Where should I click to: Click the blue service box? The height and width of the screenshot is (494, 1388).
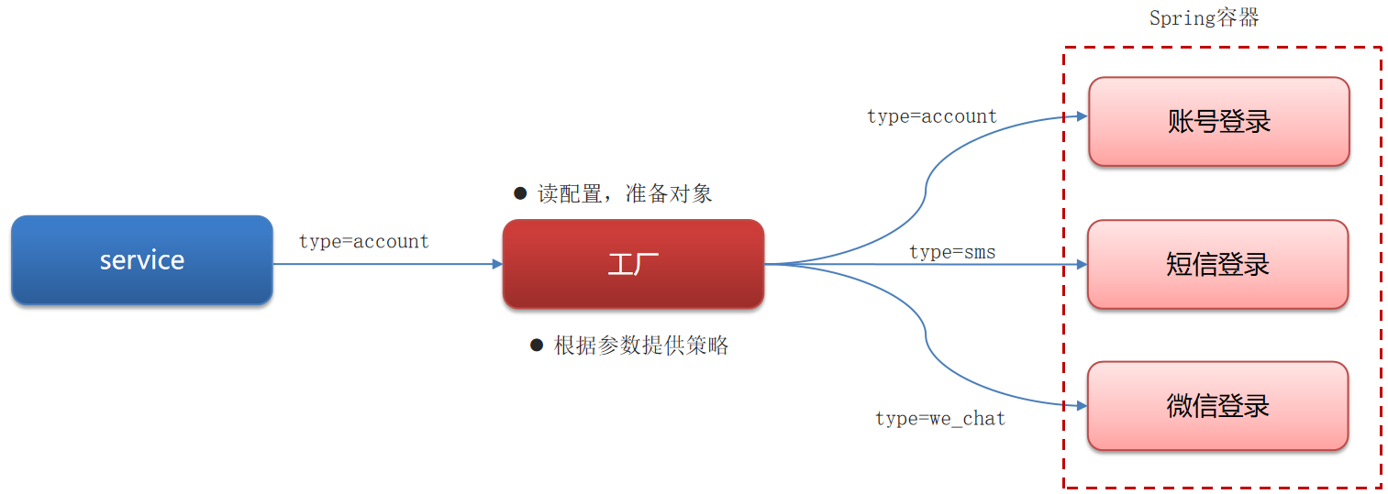[142, 260]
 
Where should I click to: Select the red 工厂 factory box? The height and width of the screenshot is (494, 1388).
[633, 264]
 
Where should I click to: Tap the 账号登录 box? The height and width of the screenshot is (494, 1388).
[1218, 122]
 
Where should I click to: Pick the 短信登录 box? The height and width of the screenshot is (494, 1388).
[1217, 265]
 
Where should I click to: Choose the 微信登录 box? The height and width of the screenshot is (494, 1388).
[1217, 406]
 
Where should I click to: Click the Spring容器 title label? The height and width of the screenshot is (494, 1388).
[1204, 18]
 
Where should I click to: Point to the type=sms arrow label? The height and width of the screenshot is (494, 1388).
[952, 252]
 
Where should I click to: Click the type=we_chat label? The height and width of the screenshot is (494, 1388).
[940, 419]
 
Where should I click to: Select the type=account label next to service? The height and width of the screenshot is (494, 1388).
[364, 242]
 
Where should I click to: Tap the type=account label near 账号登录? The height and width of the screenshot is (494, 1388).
[932, 117]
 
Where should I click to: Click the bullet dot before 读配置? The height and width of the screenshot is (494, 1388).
[520, 193]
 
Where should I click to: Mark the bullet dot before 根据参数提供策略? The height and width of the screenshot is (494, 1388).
[537, 346]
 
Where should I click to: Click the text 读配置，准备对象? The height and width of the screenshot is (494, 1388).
[625, 194]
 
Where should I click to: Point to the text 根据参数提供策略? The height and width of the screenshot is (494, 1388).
[641, 346]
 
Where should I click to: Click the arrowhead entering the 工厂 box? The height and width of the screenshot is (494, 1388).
[497, 264]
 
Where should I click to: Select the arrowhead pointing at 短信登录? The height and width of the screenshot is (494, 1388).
[1082, 265]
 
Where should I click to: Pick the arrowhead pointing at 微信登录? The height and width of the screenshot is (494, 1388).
[1082, 405]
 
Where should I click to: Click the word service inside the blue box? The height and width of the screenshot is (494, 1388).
[142, 260]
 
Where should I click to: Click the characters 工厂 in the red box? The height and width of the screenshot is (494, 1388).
[633, 265]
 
